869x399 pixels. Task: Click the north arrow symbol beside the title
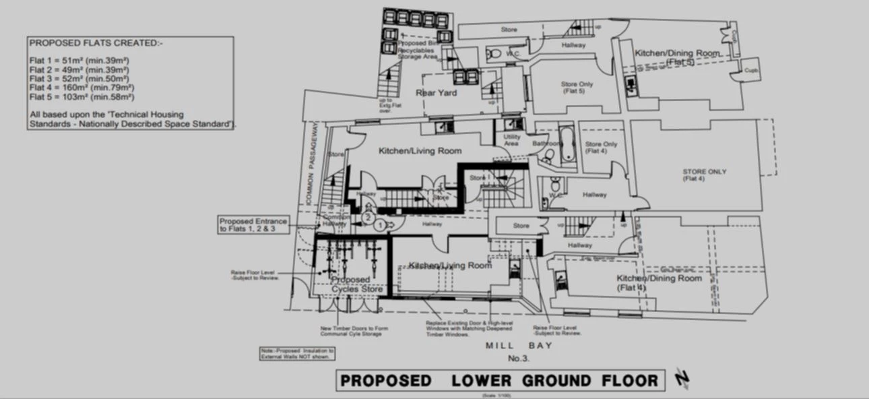682,380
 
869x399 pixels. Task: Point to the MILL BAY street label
519,346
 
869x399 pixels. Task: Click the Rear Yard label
436,93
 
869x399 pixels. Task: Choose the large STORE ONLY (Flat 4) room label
704,175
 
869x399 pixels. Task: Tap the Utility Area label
511,140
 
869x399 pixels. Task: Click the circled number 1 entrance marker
380,224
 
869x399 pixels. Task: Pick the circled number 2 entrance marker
368,218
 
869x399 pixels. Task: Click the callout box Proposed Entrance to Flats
253,225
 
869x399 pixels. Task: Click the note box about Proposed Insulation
286,354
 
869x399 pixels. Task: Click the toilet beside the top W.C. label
495,53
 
